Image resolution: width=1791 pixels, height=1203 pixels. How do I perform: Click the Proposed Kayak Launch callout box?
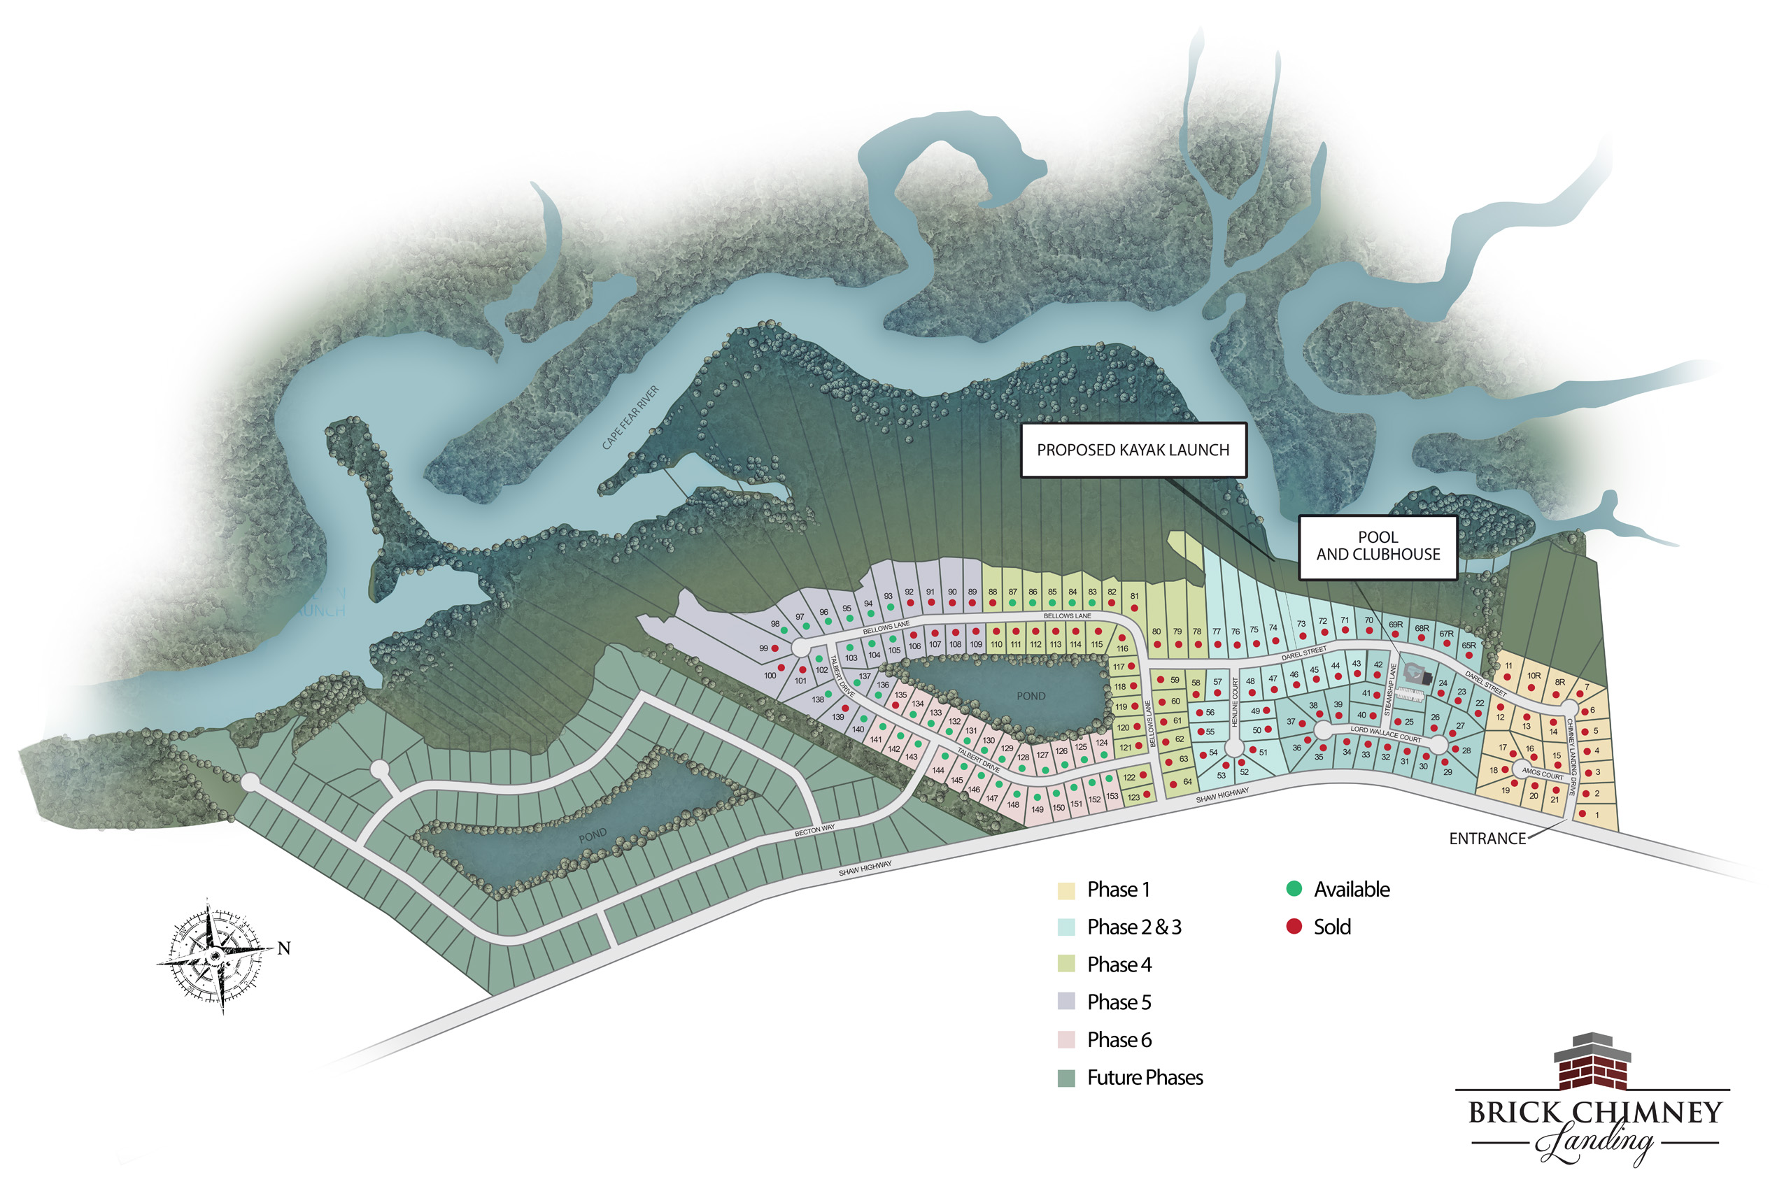[x=1133, y=450]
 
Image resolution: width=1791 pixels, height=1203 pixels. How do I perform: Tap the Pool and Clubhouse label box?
[x=1378, y=546]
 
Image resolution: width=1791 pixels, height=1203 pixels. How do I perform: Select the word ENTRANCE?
[x=1487, y=839]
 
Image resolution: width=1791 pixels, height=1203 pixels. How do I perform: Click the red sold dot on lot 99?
[x=774, y=649]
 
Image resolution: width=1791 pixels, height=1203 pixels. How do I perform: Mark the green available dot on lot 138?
[x=828, y=695]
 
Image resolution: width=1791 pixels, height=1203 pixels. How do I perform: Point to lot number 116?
[x=1123, y=649]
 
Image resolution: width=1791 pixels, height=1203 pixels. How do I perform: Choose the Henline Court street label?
[x=1235, y=703]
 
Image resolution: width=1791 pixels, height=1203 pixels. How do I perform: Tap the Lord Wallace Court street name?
[x=1386, y=734]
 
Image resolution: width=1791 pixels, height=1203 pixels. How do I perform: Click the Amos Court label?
[x=1543, y=774]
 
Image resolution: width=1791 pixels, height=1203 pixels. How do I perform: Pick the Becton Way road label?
[x=814, y=830]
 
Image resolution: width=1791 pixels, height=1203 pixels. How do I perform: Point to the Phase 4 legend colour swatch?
[x=1066, y=964]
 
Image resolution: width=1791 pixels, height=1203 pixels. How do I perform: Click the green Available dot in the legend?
[x=1294, y=889]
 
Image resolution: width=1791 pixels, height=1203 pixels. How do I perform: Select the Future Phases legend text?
[x=1144, y=1078]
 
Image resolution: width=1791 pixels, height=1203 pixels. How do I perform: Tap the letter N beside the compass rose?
[x=284, y=948]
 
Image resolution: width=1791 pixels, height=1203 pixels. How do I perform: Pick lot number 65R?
[x=1468, y=646]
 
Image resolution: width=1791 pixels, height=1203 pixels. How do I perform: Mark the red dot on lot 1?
[x=1583, y=814]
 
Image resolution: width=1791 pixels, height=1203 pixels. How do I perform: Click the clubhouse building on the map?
[x=1417, y=674]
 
